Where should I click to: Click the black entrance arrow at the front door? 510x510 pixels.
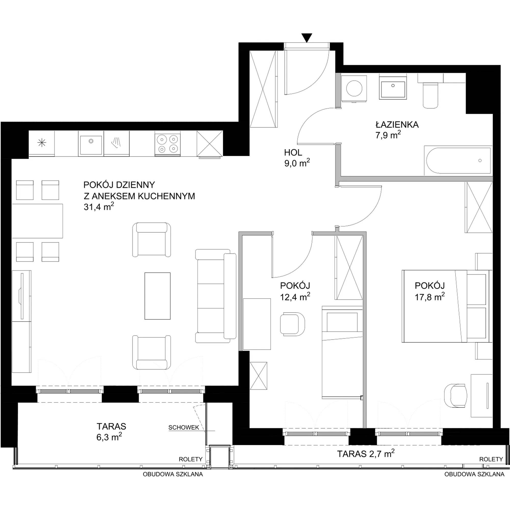(307, 38)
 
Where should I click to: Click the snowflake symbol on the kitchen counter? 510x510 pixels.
(42, 143)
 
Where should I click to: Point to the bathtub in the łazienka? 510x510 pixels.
(458, 160)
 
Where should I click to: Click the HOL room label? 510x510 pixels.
(293, 152)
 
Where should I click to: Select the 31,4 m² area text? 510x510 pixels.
(99, 207)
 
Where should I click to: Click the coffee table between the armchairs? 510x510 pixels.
(157, 296)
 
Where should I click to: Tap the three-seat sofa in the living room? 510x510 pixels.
(216, 296)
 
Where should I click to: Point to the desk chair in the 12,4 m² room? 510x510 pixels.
(292, 324)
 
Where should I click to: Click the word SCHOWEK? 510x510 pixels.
(184, 428)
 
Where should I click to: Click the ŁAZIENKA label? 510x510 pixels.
(397, 125)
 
